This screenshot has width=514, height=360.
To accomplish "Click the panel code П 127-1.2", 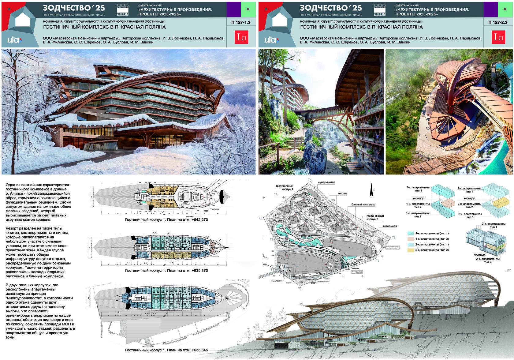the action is click(x=241, y=22).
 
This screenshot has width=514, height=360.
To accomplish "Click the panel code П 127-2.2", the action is click(x=498, y=22).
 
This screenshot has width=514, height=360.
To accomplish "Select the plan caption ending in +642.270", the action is click(x=166, y=220).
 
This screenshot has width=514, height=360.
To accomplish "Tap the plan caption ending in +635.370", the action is click(x=166, y=271).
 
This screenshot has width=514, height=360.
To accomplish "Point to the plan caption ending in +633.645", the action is click(x=166, y=350).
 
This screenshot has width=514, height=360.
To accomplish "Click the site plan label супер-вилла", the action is click(x=326, y=182).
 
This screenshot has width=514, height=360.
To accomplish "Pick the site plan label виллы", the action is click(x=342, y=193).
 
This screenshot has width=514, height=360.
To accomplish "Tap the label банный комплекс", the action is click(x=363, y=204).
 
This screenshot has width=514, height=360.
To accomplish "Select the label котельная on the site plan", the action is click(x=389, y=226).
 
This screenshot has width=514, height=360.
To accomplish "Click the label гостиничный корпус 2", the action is click(x=375, y=217).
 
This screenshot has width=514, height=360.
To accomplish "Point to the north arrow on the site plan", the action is click(x=371, y=190).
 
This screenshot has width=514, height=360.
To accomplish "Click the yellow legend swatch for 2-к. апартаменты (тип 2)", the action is click(x=411, y=250).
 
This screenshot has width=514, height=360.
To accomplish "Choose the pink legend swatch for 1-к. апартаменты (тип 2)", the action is click(x=411, y=239).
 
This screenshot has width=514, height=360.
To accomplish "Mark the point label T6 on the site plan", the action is click(x=393, y=238).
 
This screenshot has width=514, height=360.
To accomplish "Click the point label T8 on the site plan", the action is click(x=300, y=288).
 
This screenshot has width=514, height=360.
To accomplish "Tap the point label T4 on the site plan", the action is click(x=310, y=180).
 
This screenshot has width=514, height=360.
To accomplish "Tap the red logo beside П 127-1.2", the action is click(x=241, y=37).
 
